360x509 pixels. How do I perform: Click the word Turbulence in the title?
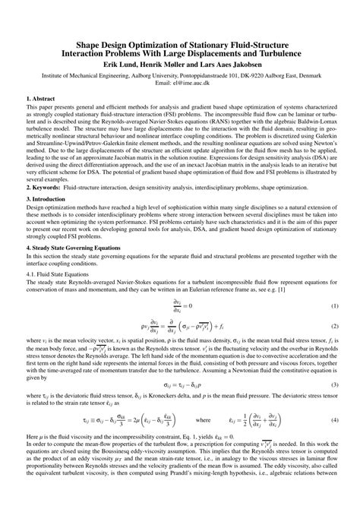pyautogui.click(x=279, y=55)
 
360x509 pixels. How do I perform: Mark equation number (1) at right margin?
pyautogui.click(x=334, y=305)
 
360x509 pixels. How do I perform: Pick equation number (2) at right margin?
pyautogui.click(x=334, y=326)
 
